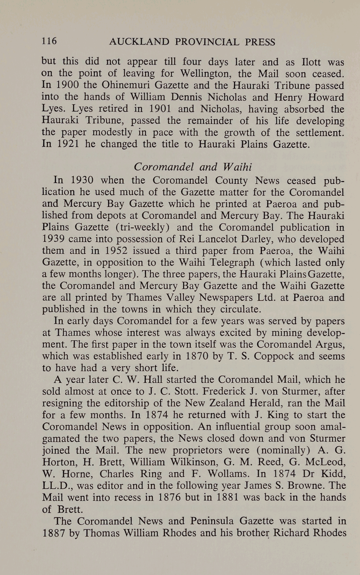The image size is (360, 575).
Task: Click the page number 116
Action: (x=49, y=41)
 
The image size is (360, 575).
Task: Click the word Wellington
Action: (x=204, y=74)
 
